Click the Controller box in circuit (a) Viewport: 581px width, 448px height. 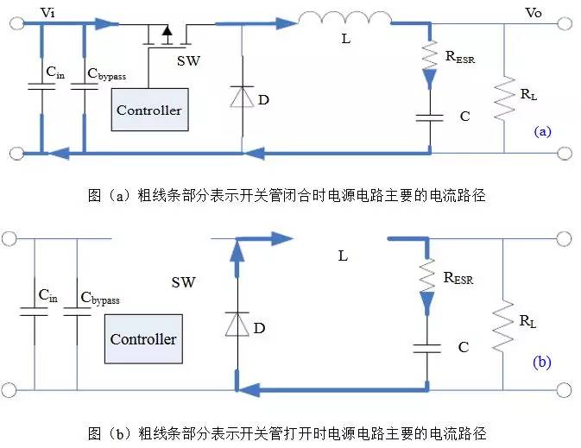tap(148, 110)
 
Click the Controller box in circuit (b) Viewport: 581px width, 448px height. tap(142, 339)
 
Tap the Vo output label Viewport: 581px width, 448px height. tap(535, 12)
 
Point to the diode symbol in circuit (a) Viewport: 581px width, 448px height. tap(241, 98)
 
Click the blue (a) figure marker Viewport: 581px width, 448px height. tap(542, 131)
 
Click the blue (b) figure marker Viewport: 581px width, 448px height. tap(540, 362)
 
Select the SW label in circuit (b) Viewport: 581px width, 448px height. tap(183, 282)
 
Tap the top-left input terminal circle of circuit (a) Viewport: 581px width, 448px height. tap(15, 23)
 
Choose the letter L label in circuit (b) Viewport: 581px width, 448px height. tap(343, 256)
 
